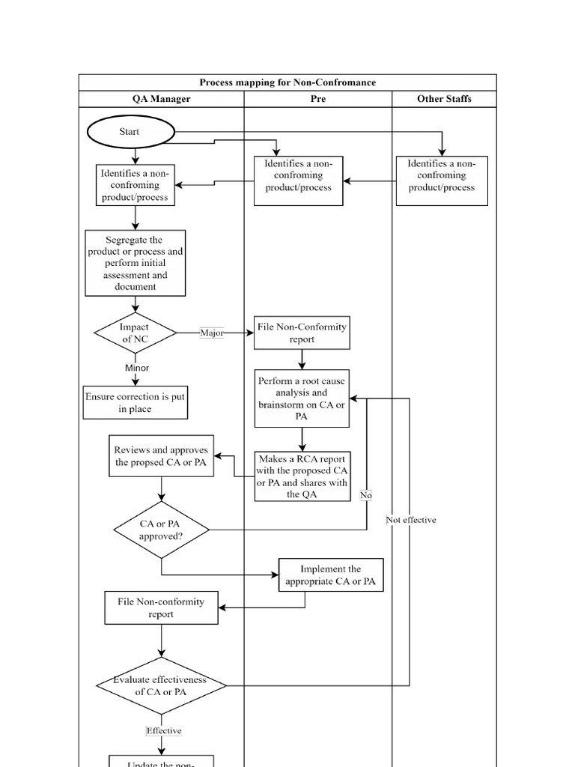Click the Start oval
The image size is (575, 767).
click(x=130, y=132)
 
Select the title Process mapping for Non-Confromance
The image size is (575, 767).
click(x=287, y=82)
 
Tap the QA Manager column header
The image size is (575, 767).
click(x=161, y=99)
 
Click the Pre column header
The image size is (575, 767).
click(x=317, y=99)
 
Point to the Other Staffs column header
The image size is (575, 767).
click(x=444, y=99)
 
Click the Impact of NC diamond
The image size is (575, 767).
click(x=136, y=333)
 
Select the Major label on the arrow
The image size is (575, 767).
click(x=212, y=333)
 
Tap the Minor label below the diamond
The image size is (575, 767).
click(x=137, y=368)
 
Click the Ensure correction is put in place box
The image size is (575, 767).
click(x=135, y=403)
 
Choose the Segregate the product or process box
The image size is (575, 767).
click(x=136, y=263)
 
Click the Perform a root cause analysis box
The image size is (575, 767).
click(x=302, y=398)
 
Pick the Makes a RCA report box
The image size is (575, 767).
click(x=302, y=476)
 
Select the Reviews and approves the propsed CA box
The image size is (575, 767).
click(x=161, y=456)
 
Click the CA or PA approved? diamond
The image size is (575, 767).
click(x=161, y=530)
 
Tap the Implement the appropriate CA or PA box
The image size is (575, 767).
click(x=330, y=575)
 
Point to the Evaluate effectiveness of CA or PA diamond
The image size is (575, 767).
click(x=161, y=685)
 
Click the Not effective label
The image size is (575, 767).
click(x=411, y=520)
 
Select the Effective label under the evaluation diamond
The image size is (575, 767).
click(x=164, y=730)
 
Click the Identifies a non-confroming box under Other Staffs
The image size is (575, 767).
click(x=442, y=181)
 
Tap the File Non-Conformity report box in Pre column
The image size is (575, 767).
click(x=301, y=333)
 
